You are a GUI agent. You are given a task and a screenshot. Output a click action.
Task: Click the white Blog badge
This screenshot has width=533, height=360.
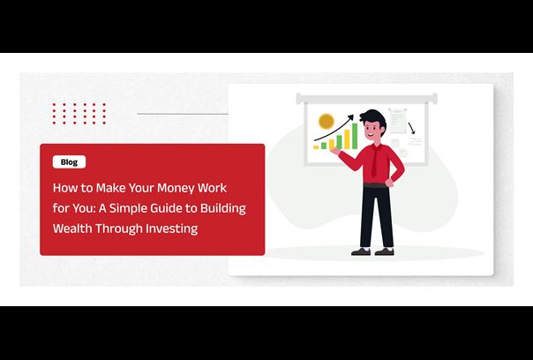point(69,162)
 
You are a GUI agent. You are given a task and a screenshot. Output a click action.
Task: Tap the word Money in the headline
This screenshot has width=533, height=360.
point(176,188)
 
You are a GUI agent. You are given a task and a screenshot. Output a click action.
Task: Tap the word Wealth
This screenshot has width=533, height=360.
point(72,229)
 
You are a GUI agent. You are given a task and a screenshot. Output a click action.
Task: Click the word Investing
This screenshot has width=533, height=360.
point(172,229)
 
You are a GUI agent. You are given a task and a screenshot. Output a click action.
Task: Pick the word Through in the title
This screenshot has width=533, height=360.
point(118,229)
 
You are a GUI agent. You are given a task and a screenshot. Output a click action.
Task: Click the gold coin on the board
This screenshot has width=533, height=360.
point(327,122)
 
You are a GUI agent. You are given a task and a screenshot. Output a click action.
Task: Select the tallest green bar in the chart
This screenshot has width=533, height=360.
point(355,136)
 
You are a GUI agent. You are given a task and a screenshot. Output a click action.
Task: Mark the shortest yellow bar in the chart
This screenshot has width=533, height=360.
point(316,147)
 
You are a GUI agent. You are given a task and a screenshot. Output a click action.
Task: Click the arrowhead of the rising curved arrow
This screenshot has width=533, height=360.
point(350,117)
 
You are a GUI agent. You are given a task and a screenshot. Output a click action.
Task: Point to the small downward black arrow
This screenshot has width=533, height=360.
point(411,128)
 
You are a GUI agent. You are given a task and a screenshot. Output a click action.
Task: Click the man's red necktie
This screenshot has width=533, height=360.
point(374,160)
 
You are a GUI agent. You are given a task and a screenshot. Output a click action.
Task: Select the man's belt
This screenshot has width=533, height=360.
point(375,185)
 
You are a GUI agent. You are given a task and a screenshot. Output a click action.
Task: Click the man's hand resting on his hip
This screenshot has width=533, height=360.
point(389,183)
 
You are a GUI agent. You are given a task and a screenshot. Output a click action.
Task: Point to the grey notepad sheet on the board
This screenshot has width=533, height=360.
point(397,121)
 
